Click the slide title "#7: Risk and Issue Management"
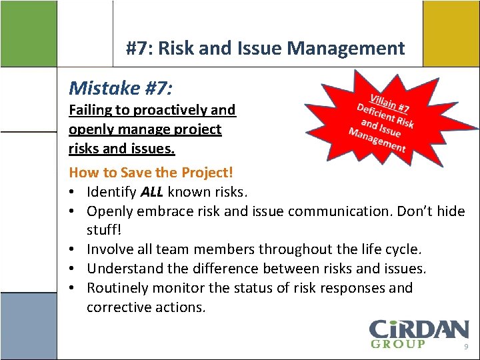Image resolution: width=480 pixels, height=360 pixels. pos(265,48)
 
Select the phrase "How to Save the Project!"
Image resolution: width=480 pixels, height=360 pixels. pos(151,172)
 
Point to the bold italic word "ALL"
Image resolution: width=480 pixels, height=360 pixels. pos(152,192)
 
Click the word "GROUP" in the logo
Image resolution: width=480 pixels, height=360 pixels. pos(397,344)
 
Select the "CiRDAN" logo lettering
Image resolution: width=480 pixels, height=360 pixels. pos(419,329)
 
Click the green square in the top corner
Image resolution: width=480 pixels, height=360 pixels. pos(28,33)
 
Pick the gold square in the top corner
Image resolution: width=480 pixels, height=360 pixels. pos(451,33)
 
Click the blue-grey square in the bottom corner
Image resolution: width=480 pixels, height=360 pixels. pos(28,327)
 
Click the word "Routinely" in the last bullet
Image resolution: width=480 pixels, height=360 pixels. pos(117,288)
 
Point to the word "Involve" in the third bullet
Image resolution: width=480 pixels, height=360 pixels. pos(110,249)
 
